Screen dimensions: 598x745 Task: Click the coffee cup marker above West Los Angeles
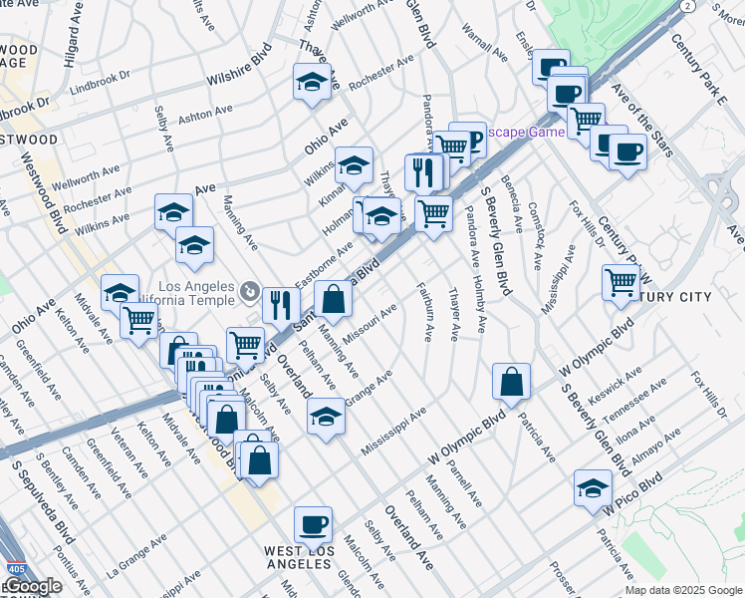pyautogui.click(x=314, y=523)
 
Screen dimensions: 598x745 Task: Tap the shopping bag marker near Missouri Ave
pyautogui.click(x=334, y=298)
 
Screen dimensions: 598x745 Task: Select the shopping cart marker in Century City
pyautogui.click(x=621, y=282)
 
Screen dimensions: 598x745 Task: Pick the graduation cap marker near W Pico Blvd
pyautogui.click(x=593, y=487)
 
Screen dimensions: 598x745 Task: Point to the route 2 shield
pyautogui.click(x=686, y=6)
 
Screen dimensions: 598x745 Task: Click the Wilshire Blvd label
pyautogui.click(x=239, y=68)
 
